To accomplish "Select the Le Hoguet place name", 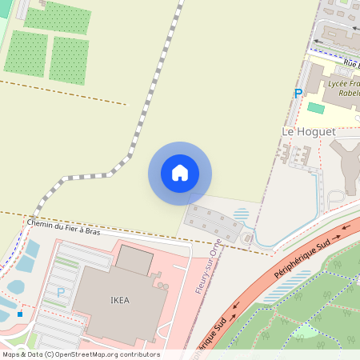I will point(308,130).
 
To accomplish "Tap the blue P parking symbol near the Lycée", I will point(298,94).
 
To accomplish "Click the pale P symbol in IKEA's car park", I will point(60,293).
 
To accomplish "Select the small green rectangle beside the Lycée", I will point(316,107).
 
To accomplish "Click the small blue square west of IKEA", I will point(20,314).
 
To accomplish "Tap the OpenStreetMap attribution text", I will point(80,354).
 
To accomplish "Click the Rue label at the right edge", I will point(350,63).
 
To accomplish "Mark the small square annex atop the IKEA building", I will point(134,258).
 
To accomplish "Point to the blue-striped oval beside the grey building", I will point(241,214).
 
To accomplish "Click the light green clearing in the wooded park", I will point(308,330).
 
